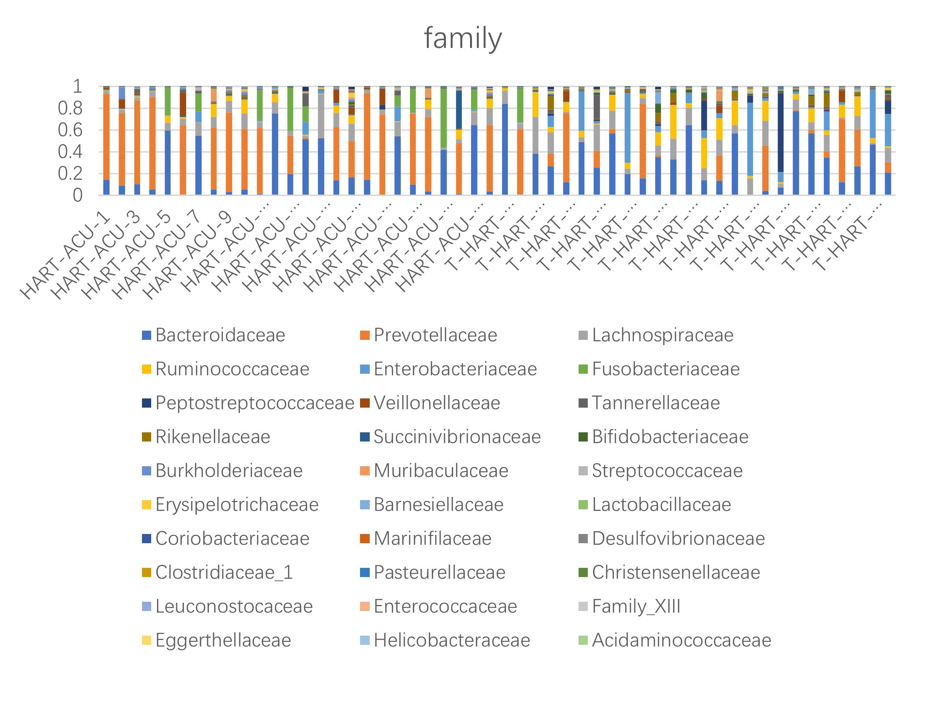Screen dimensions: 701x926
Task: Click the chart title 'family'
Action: click(x=463, y=38)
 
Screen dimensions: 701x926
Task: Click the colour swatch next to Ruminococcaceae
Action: click(x=146, y=369)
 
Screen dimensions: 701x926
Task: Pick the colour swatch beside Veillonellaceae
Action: click(x=365, y=403)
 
